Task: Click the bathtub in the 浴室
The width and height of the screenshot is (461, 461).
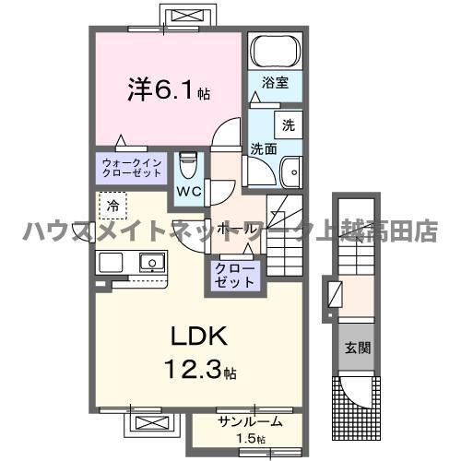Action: [x=276, y=51]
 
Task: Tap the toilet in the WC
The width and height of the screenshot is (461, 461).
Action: [x=188, y=165]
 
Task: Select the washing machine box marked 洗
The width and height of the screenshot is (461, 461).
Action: [x=289, y=125]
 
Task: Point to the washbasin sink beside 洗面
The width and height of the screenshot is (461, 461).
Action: [x=291, y=171]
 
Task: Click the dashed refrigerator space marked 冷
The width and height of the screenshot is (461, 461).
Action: [x=112, y=206]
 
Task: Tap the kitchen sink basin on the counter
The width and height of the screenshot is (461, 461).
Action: [x=152, y=262]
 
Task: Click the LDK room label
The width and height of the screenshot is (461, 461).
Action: [x=199, y=336]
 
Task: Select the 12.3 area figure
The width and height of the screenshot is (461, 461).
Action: [x=193, y=370]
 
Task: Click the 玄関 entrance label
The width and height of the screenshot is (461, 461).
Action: [x=358, y=349]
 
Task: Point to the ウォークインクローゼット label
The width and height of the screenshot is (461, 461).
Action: [x=132, y=168]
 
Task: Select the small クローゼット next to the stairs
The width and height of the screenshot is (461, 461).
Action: [x=235, y=276]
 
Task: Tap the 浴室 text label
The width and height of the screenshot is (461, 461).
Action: [x=275, y=83]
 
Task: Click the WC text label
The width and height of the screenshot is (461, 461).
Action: [x=189, y=192]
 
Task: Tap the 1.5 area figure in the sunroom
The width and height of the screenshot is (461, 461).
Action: [x=252, y=439]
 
